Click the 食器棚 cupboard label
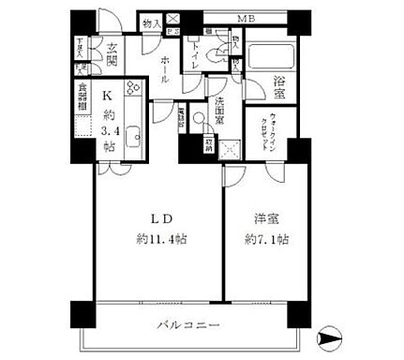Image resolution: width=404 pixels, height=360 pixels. point(82,98)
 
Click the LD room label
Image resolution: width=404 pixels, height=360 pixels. point(157,218)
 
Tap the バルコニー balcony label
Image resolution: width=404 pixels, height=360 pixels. point(187,325)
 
